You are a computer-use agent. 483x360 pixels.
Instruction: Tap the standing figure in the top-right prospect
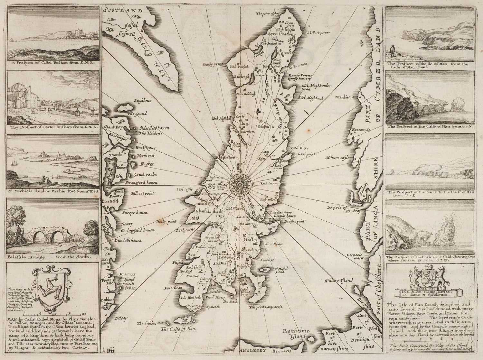pos(392,51)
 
